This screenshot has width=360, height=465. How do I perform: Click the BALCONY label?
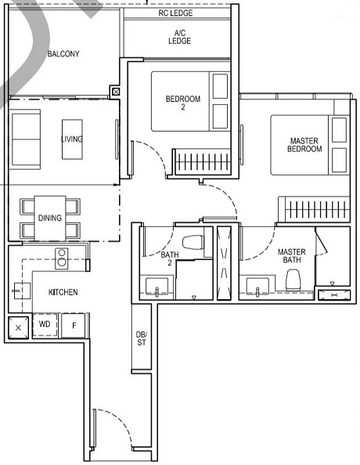click(x=63, y=54)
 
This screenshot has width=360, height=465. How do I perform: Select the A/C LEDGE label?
click(x=179, y=37)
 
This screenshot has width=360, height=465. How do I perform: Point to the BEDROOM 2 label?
click(x=182, y=103)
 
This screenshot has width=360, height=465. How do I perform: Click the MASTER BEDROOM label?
click(x=304, y=145)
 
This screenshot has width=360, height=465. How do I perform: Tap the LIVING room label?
click(x=72, y=139)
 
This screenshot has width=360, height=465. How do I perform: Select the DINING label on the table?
click(x=49, y=218)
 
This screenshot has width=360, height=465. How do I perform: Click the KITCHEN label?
click(x=63, y=292)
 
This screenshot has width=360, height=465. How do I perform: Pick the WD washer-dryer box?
click(x=45, y=324)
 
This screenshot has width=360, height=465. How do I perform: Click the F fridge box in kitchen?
click(x=74, y=324)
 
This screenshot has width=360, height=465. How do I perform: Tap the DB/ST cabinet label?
click(x=142, y=338)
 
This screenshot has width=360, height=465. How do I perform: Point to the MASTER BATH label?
click(x=292, y=256)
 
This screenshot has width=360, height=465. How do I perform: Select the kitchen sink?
click(x=18, y=290)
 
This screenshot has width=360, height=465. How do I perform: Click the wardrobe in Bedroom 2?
click(x=202, y=163)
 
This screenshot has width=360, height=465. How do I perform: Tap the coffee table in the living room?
click(x=72, y=139)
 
